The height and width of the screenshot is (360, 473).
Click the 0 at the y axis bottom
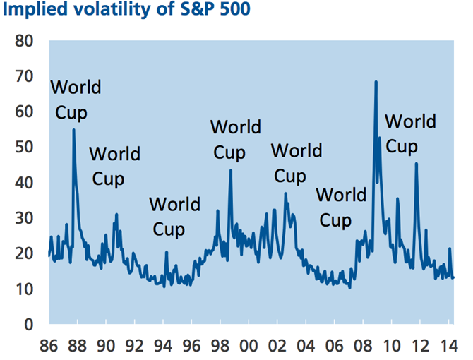point(30,325)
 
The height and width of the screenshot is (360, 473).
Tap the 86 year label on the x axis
point(49,347)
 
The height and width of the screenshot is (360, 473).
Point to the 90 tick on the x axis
point(106,347)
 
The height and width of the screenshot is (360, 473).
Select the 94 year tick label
point(163,347)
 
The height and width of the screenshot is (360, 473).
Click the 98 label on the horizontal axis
point(220,347)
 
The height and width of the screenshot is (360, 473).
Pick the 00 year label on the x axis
point(248,347)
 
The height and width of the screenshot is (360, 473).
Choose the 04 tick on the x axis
point(305,347)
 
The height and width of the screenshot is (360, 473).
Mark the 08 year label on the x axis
point(362,347)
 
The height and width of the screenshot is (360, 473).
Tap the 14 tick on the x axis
point(448,347)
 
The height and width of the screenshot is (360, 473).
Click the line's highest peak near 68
point(376,82)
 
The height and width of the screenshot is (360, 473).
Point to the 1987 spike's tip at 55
point(73,130)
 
